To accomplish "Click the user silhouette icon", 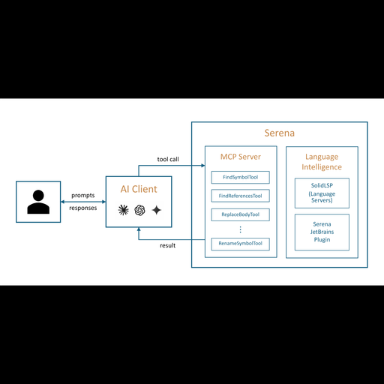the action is (38, 202).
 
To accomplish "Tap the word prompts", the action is (83, 196).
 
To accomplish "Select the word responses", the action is (83, 208).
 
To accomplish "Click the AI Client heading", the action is (139, 189).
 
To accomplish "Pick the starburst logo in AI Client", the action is (123, 210).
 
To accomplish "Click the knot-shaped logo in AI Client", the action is (139, 210).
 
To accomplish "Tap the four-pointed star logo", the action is (157, 210).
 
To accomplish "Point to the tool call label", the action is (168, 159).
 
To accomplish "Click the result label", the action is (167, 245).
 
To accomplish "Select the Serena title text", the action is (280, 133).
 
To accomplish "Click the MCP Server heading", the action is (241, 157).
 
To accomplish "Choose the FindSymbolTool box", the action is (241, 177).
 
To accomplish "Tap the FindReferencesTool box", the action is (241, 196).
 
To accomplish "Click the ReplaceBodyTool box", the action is (241, 214).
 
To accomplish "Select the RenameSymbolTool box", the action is (241, 244).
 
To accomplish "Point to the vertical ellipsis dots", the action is (241, 229).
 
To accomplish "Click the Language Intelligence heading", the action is (322, 162).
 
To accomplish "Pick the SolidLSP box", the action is (322, 193).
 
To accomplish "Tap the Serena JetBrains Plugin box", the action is (322, 232).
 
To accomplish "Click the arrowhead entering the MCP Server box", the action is (203, 165).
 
